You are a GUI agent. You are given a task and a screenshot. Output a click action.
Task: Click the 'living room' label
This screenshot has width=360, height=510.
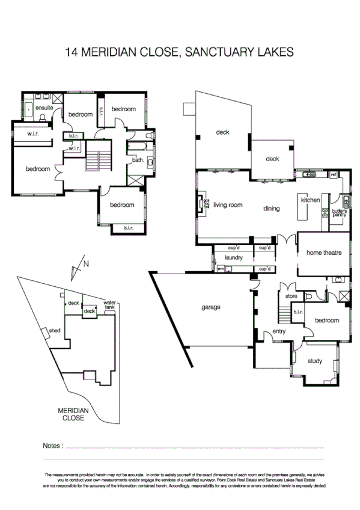(228, 205)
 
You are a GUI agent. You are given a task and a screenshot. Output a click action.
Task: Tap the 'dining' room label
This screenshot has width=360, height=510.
(272, 209)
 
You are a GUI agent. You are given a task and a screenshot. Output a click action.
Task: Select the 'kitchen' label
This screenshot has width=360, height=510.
(311, 200)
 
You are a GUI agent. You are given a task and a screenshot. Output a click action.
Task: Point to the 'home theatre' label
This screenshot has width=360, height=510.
(324, 253)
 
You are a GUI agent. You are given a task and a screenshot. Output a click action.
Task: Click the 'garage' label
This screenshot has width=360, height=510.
(211, 307)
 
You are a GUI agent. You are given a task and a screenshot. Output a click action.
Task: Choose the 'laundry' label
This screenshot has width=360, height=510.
(233, 257)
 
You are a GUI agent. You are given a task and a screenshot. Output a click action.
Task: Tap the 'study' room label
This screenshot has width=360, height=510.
(314, 361)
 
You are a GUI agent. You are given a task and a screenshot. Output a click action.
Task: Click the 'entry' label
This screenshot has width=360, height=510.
(279, 331)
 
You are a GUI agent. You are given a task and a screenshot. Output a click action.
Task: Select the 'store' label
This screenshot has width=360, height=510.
(291, 296)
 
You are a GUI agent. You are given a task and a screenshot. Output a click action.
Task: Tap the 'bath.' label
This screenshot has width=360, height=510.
(138, 160)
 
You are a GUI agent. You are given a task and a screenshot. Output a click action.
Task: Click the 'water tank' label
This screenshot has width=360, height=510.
(109, 305)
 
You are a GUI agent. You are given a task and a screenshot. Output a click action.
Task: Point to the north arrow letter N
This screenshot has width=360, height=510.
(86, 263)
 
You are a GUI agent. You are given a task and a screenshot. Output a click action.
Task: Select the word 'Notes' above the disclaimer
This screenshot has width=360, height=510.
(52, 446)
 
